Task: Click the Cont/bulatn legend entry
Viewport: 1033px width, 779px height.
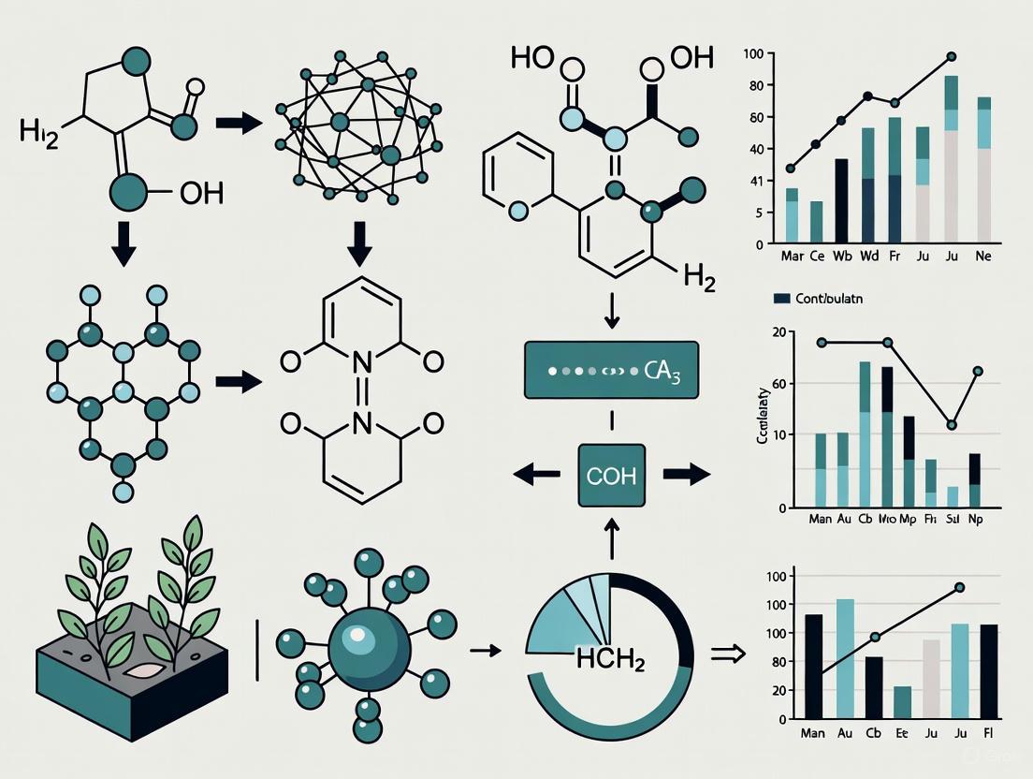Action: coord(816,299)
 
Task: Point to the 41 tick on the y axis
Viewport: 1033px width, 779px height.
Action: coord(757,181)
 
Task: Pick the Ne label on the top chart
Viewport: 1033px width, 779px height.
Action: coord(983,257)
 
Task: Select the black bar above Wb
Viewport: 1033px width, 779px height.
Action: coord(841,200)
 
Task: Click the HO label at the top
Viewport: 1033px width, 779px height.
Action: coord(531,57)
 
